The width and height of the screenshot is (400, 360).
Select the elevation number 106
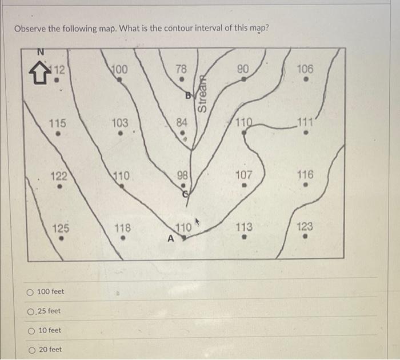[x=306, y=69]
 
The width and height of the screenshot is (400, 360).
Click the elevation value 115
[x=57, y=123]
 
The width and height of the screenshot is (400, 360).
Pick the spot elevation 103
[x=120, y=122]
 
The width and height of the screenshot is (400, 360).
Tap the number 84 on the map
[x=182, y=122]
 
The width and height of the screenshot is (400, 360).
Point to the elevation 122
[x=59, y=176]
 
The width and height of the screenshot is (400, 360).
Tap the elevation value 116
[x=306, y=175]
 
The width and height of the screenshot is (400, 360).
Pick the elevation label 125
[x=61, y=228]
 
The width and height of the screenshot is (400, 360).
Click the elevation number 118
[x=123, y=227]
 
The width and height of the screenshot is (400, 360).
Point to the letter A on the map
[x=170, y=239]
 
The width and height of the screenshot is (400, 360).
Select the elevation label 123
[x=306, y=227]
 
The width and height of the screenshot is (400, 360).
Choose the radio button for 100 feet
[x=29, y=292]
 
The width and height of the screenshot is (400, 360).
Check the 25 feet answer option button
[x=29, y=311]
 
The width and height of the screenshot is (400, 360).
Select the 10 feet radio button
[x=29, y=331]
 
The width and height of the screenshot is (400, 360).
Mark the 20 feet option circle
[x=29, y=350]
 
